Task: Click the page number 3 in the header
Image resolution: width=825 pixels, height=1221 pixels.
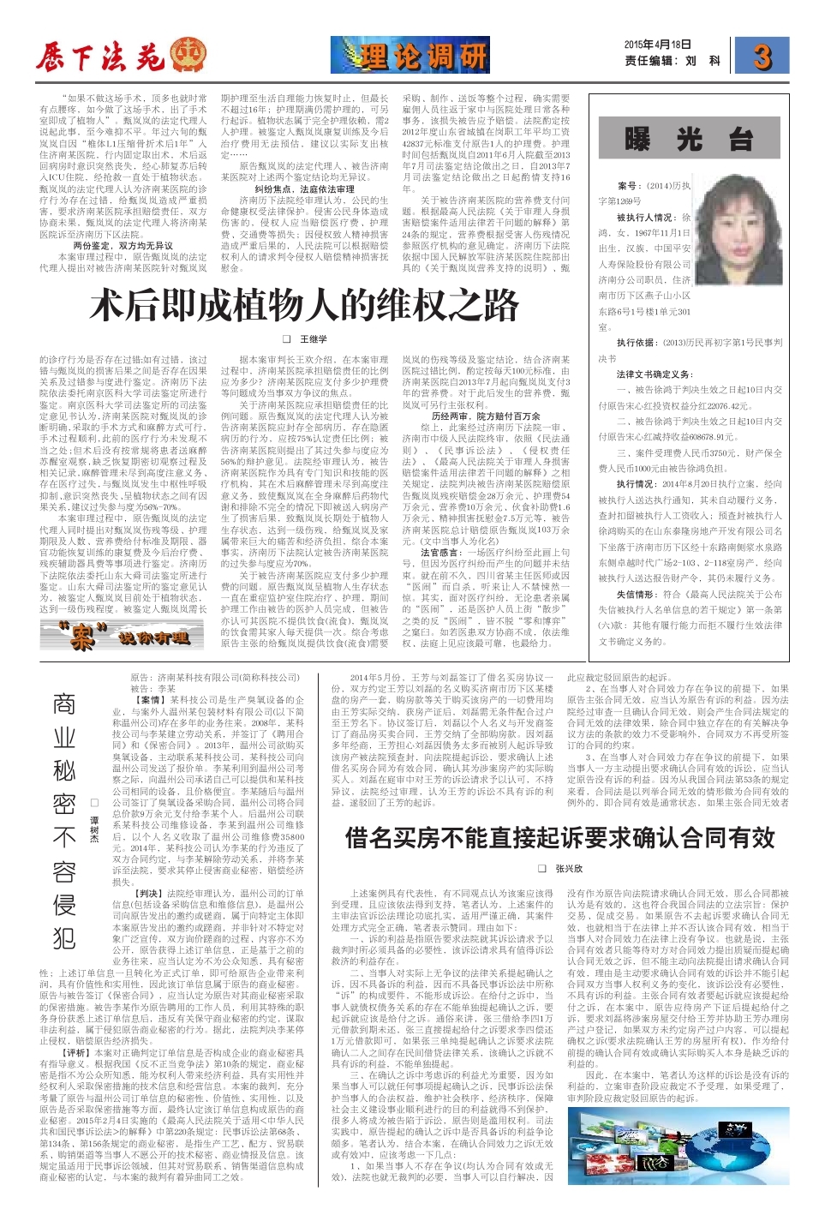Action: pyautogui.click(x=762, y=57)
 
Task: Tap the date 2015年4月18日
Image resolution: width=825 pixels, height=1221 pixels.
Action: pyautogui.click(x=657, y=45)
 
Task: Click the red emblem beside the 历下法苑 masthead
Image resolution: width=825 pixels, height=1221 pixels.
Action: pyautogui.click(x=188, y=56)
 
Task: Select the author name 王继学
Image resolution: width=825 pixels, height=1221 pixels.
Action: pyautogui.click(x=313, y=339)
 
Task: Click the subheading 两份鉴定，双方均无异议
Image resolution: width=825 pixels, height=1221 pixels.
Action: pyautogui.click(x=123, y=245)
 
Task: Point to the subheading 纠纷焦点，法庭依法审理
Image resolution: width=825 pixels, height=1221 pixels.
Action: pyautogui.click(x=304, y=189)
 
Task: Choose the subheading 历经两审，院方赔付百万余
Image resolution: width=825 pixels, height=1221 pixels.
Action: pyautogui.click(x=486, y=416)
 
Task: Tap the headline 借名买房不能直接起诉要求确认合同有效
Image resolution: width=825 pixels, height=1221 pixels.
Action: pyautogui.click(x=560, y=837)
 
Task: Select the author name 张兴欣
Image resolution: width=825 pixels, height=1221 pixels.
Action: pyautogui.click(x=568, y=869)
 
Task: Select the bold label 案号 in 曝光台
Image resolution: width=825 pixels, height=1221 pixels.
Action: pyautogui.click(x=628, y=185)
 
